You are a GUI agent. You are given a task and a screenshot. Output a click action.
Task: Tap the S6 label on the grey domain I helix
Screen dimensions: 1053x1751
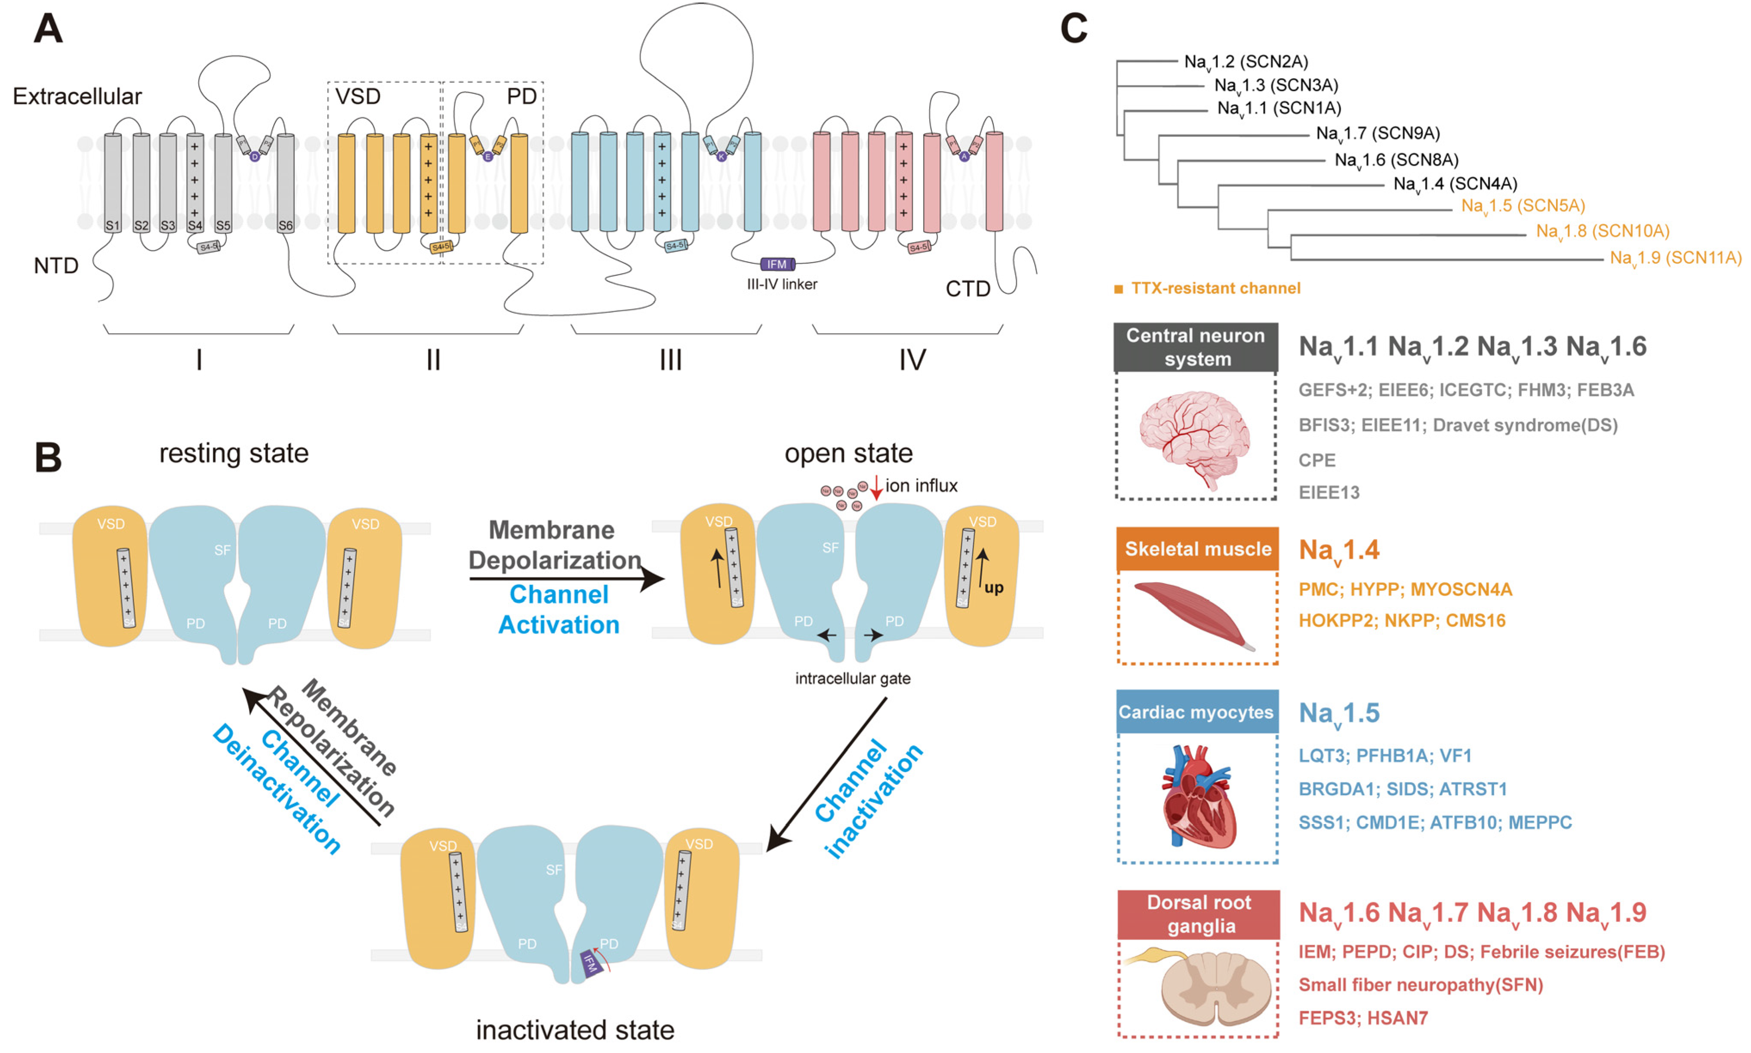pos(285,225)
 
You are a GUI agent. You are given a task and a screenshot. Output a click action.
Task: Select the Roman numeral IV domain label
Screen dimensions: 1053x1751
pos(912,360)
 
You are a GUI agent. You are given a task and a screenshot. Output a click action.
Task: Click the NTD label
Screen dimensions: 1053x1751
pos(56,266)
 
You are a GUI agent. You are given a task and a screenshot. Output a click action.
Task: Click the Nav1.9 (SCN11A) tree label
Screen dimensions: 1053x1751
pos(1675,258)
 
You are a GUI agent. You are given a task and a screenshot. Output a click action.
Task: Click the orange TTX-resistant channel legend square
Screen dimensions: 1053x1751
pos(1119,289)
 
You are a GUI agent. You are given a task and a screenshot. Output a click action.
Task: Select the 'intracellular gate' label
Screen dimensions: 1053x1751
pos(852,678)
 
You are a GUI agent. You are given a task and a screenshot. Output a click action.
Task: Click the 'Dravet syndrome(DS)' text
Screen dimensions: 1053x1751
pos(1525,425)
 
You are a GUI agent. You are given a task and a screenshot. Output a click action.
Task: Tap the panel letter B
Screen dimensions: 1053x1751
pos(48,458)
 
